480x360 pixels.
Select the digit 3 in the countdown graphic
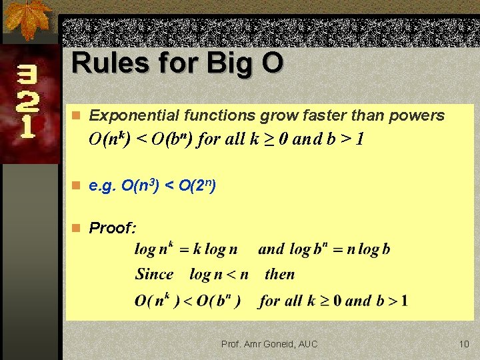(27, 77)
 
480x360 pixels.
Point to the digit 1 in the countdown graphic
(27, 127)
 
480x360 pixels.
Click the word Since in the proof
(154, 274)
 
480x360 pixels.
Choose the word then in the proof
(279, 274)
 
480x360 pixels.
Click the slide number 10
(464, 344)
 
